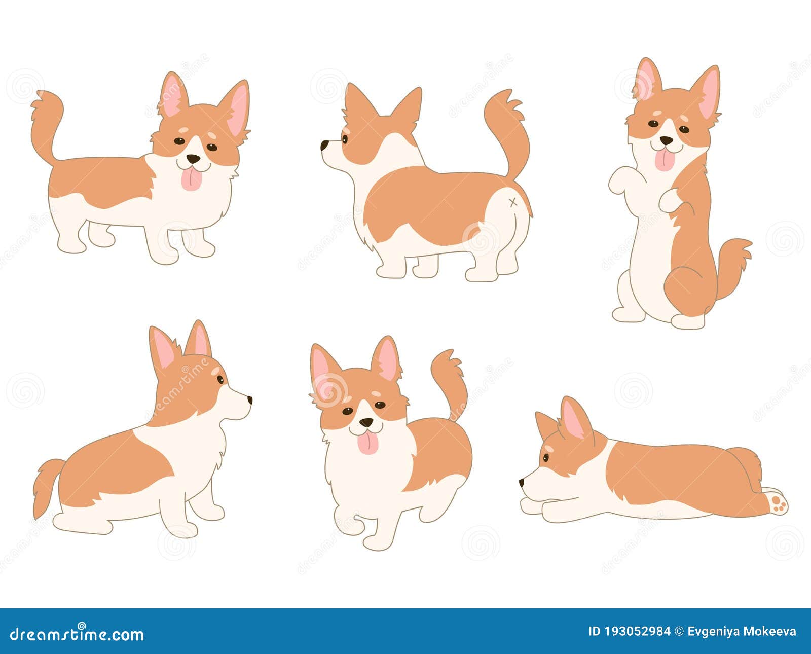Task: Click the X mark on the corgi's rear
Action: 513,203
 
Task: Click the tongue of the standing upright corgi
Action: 665,160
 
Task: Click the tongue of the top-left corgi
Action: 192,180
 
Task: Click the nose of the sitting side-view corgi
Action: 249,399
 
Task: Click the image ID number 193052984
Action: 636,632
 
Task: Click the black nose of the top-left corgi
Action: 193,159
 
